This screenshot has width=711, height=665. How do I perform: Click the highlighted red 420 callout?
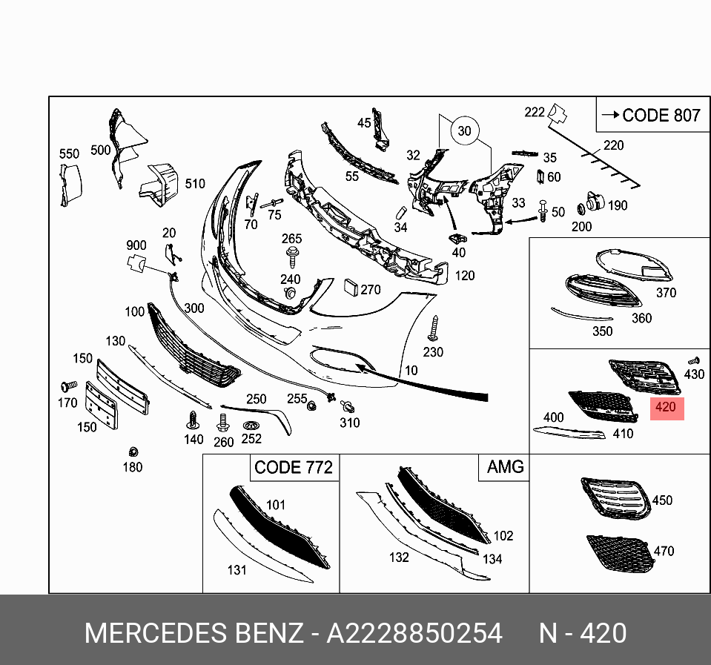(x=667, y=408)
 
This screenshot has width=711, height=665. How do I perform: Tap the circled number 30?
(x=464, y=131)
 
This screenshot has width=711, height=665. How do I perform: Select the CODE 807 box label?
(x=651, y=116)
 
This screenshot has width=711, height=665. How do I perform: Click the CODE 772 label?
(x=293, y=468)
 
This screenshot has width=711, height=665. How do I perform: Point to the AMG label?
(x=505, y=467)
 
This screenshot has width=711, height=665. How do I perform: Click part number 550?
(x=69, y=154)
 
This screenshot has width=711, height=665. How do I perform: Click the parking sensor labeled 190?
(x=593, y=201)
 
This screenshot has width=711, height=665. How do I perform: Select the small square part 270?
(x=351, y=288)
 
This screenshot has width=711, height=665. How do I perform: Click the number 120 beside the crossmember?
(x=464, y=276)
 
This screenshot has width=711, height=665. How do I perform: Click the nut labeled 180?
(x=133, y=452)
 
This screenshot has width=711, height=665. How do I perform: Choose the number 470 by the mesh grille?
(x=664, y=552)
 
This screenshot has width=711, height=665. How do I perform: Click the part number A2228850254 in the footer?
(x=414, y=634)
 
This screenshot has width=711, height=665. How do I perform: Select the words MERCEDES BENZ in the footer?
(x=194, y=634)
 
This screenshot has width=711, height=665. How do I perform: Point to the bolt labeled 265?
(x=292, y=256)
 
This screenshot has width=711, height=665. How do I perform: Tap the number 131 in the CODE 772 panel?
(x=237, y=570)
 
